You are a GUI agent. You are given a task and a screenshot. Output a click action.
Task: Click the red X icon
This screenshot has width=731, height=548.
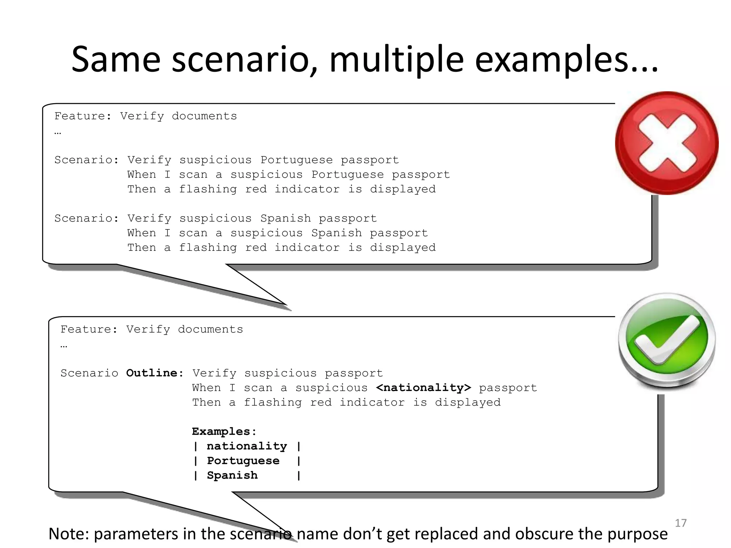pyautogui.click(x=667, y=143)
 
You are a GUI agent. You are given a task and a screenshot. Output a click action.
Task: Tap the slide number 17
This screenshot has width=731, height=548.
pyautogui.click(x=681, y=523)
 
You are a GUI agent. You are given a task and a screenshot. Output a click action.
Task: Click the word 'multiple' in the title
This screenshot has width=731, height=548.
pyautogui.click(x=396, y=60)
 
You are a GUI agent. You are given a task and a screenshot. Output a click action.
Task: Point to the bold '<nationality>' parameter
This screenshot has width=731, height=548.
pyautogui.click(x=423, y=388)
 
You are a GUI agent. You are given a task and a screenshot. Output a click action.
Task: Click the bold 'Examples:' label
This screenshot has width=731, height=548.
pyautogui.click(x=224, y=432)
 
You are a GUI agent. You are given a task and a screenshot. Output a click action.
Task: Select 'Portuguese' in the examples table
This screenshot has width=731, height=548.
pyautogui.click(x=243, y=461)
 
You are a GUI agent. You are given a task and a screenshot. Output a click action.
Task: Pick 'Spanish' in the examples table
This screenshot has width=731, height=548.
pyautogui.click(x=232, y=476)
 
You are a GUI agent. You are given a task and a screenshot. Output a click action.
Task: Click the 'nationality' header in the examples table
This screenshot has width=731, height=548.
pyautogui.click(x=247, y=446)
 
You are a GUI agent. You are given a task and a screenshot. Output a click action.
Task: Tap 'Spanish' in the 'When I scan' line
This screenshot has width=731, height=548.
pyautogui.click(x=336, y=233)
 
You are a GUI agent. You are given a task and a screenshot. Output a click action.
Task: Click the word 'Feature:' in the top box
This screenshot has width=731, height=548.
pyautogui.click(x=83, y=116)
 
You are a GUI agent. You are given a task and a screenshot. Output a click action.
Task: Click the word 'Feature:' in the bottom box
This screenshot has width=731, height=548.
pyautogui.click(x=89, y=329)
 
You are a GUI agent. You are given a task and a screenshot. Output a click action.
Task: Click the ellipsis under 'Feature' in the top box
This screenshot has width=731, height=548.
pyautogui.click(x=58, y=133)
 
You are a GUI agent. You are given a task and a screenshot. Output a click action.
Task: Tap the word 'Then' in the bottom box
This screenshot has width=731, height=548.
pyautogui.click(x=207, y=402)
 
